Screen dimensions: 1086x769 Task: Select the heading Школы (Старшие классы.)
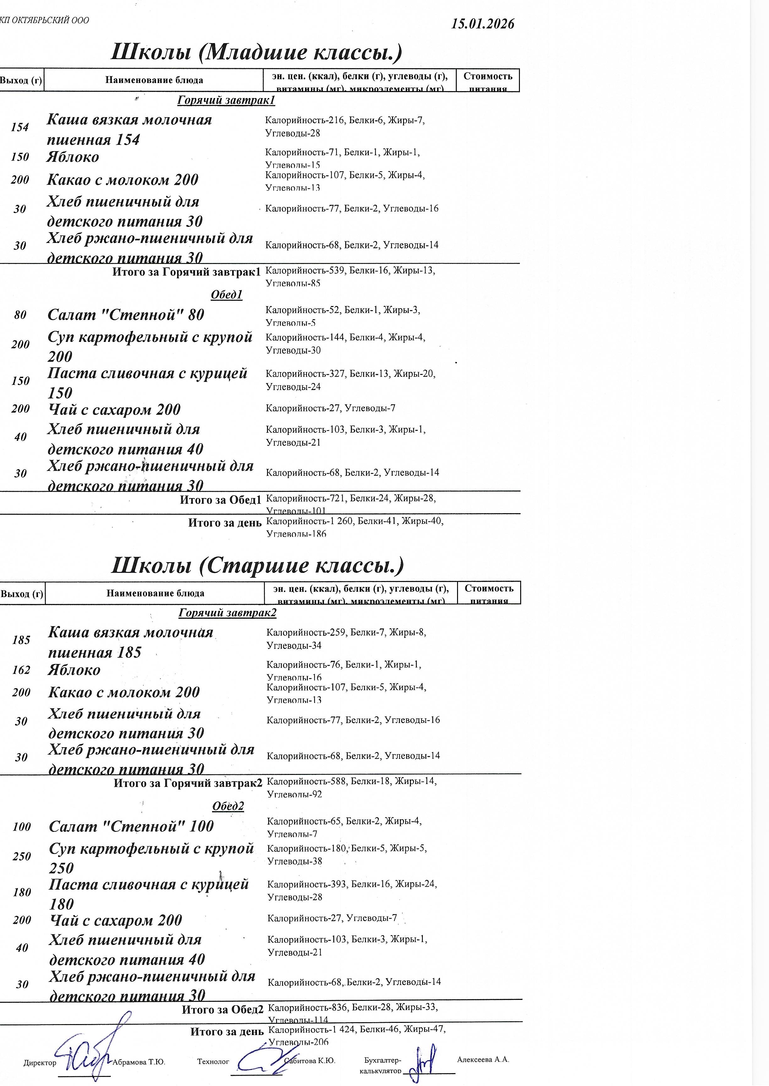pos(258,565)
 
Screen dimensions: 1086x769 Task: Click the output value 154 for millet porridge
pos(20,127)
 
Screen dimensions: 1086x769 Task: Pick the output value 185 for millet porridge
pos(21,640)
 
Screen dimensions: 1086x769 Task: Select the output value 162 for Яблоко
pos(21,670)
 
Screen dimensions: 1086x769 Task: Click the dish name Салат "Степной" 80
pos(126,315)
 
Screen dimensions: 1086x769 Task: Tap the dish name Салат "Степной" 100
pos(131,826)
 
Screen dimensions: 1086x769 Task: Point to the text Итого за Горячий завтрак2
pos(188,783)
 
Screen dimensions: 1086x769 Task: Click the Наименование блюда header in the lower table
pos(155,593)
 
